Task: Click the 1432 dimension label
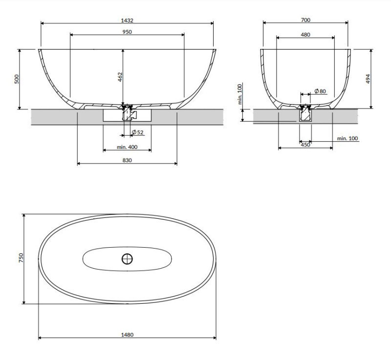point(127,20)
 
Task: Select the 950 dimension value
point(127,32)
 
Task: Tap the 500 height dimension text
point(17,79)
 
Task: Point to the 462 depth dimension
point(120,77)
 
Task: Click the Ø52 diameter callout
point(138,132)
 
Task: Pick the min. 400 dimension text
point(127,147)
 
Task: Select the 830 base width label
point(127,160)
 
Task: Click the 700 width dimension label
point(305,20)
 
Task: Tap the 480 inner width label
point(305,35)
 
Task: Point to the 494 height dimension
point(368,79)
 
